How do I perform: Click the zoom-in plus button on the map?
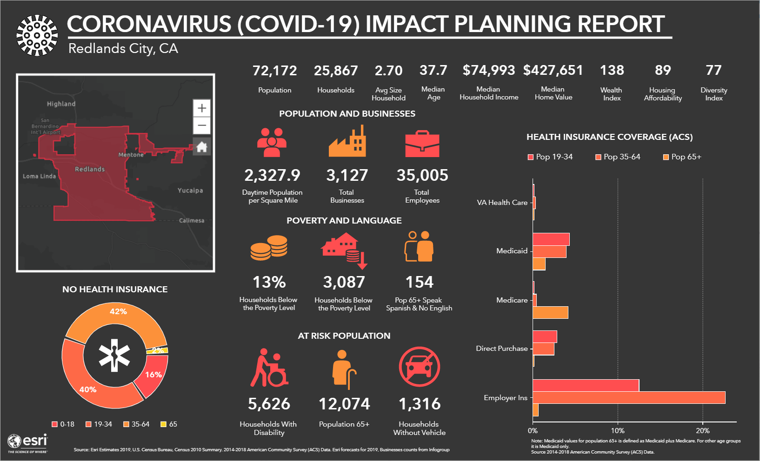point(202,108)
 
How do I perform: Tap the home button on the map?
point(202,147)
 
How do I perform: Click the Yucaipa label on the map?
point(190,191)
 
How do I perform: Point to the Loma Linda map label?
point(40,176)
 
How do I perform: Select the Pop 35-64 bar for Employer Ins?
point(628,397)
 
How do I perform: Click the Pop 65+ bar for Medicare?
point(550,312)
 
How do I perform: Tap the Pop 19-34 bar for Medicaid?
point(551,239)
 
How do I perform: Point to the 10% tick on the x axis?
point(618,430)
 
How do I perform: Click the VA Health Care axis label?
point(502,202)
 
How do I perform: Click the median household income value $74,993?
point(489,70)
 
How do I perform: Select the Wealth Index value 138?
point(612,70)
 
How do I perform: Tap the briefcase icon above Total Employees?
point(422,144)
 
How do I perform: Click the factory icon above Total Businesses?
point(347,142)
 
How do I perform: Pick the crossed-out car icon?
point(419,367)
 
